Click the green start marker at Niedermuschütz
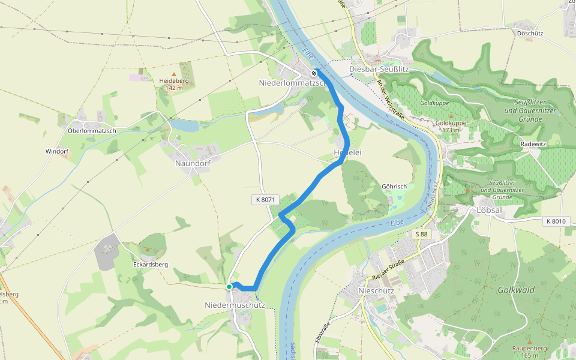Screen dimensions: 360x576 [x=229, y=287]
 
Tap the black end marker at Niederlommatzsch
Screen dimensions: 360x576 [x=314, y=73]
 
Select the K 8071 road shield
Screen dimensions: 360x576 [x=263, y=199]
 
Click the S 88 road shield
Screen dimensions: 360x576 [x=422, y=234]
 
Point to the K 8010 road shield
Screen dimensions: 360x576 [x=556, y=221]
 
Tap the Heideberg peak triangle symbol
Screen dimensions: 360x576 [x=174, y=74]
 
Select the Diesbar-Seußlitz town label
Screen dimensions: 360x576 [x=379, y=69]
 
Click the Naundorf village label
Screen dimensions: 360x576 [x=191, y=163]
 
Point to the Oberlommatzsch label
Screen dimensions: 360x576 [x=92, y=131]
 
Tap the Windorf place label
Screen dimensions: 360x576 [x=57, y=151]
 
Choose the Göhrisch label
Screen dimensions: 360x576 [x=394, y=186]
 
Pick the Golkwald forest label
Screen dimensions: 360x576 [x=516, y=289]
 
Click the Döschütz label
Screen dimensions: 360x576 [x=530, y=34]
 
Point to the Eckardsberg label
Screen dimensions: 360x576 [x=150, y=264]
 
